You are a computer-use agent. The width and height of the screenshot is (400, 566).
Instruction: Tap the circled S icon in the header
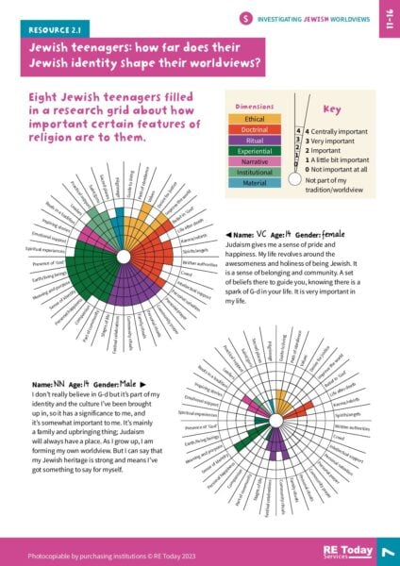tap(245, 18)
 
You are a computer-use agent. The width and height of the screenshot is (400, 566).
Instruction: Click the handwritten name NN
tap(64, 384)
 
